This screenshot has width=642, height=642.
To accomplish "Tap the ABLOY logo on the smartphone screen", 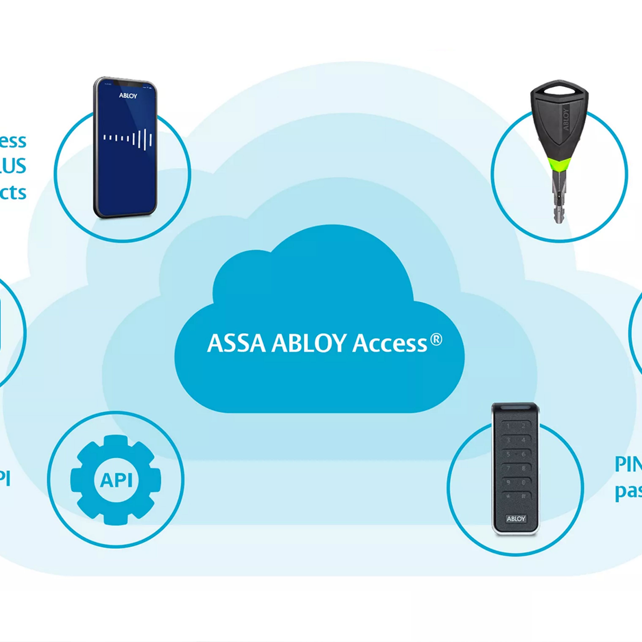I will tap(128, 96).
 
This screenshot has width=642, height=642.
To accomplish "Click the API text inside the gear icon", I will tap(116, 480).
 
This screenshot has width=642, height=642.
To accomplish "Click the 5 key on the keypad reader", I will tap(508, 454).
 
